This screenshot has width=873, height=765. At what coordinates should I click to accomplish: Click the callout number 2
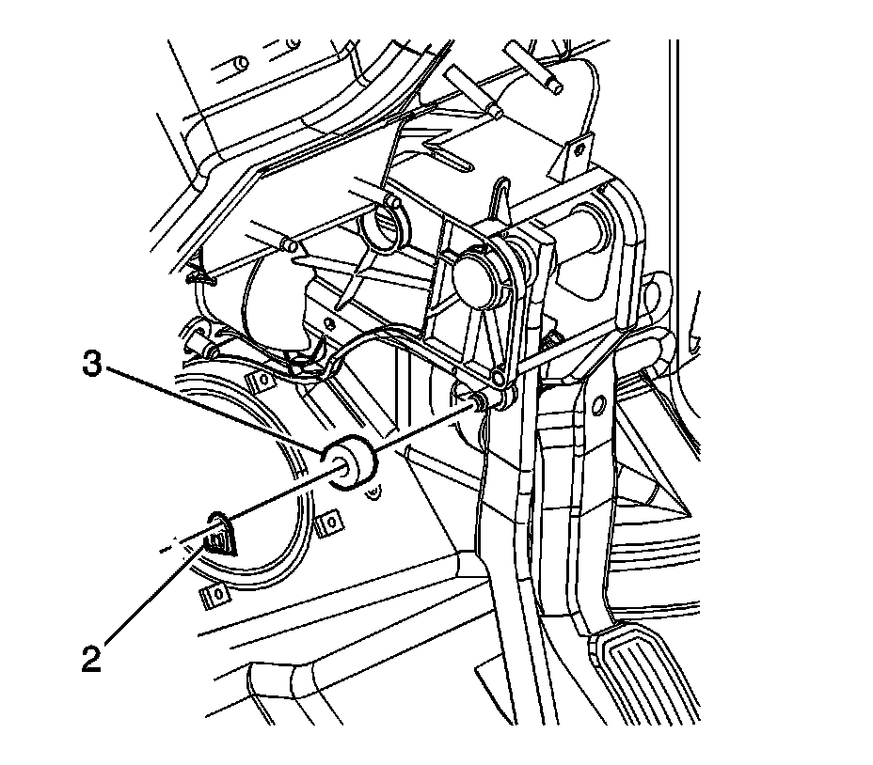coord(90,659)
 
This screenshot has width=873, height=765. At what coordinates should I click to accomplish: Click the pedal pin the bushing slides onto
coord(475,402)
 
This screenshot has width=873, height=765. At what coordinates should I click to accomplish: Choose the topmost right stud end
coord(555,86)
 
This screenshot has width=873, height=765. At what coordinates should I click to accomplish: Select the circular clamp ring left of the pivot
coord(383,222)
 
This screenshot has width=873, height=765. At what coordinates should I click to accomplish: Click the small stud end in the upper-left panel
coord(241,63)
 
